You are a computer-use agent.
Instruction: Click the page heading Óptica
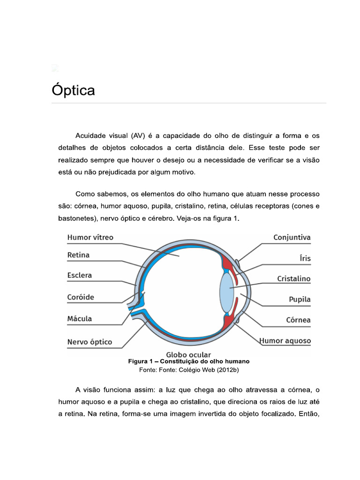[73, 90]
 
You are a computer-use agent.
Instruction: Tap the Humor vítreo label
[90, 238]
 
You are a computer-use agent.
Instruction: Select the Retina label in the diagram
[78, 255]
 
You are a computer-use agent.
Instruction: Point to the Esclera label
[80, 275]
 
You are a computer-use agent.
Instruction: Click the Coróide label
[81, 297]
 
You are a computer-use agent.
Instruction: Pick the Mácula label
[80, 319]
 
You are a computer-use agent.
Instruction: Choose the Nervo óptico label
[90, 342]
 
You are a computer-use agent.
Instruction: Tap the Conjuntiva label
[292, 238]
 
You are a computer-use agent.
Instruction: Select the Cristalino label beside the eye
[293, 278]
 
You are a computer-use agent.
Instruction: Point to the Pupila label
[300, 299]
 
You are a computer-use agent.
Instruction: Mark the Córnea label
[298, 320]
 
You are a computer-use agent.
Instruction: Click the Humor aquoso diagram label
[285, 341]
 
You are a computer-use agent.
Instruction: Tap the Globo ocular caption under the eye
[188, 354]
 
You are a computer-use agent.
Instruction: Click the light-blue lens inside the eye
[226, 293]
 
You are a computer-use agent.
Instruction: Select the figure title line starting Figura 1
[188, 362]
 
